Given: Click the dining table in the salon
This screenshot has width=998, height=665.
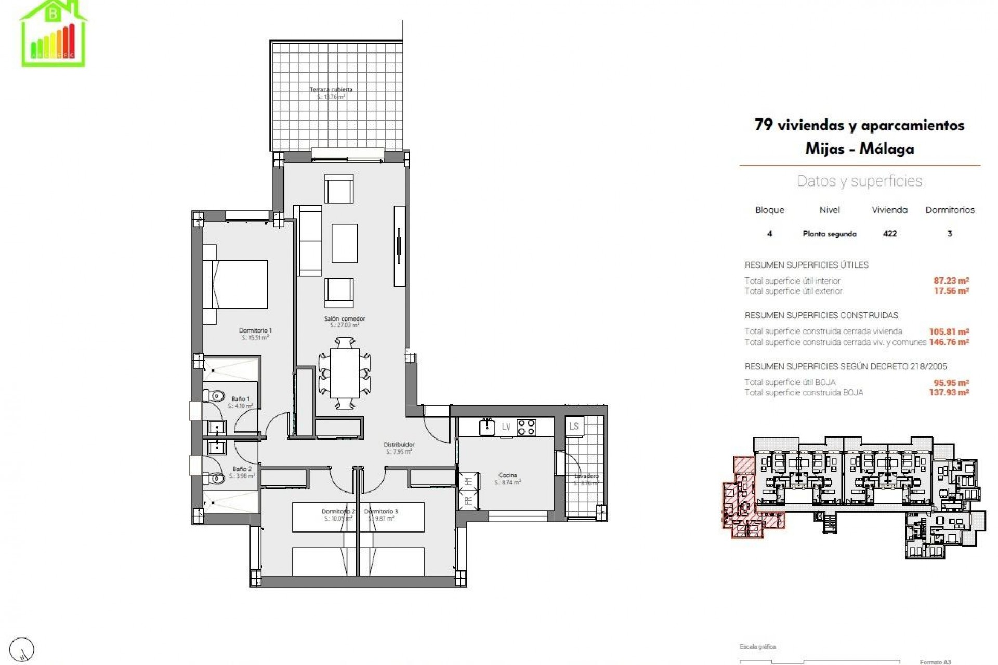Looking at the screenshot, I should (345, 373).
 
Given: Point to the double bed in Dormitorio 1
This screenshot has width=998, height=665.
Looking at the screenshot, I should (235, 285).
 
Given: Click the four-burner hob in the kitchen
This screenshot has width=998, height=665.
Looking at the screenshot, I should (526, 427).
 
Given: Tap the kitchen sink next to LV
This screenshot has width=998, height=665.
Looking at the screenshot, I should (487, 427).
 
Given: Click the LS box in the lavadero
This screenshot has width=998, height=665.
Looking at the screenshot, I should (574, 427).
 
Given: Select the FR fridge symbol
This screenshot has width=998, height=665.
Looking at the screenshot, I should (468, 501).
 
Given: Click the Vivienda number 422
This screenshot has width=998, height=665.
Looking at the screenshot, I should (889, 234).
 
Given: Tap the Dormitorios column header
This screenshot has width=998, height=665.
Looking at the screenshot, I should (950, 210).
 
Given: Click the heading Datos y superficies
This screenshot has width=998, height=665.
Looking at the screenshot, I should (859, 181).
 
